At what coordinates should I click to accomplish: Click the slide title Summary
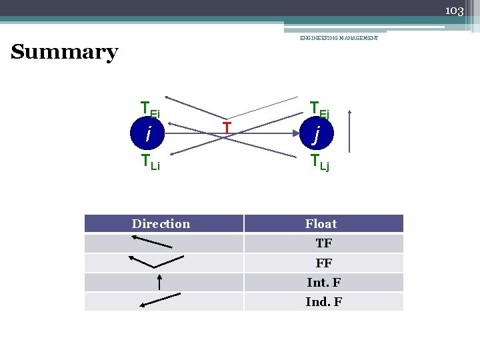65,52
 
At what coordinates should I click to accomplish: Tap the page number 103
454,10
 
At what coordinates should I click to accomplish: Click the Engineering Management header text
339,39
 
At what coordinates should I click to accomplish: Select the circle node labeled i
149,133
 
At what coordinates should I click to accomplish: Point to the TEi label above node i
149,108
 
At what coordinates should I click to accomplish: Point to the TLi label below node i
150,161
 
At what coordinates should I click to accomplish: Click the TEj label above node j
319,108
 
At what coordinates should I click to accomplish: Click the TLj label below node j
319,161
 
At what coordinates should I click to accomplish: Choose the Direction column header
161,224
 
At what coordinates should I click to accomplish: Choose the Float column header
321,224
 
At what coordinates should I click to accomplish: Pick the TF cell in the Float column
324,244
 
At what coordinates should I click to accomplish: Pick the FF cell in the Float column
324,263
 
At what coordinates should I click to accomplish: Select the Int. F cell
324,283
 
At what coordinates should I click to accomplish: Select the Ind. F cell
324,302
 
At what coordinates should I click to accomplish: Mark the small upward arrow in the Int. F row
159,282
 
